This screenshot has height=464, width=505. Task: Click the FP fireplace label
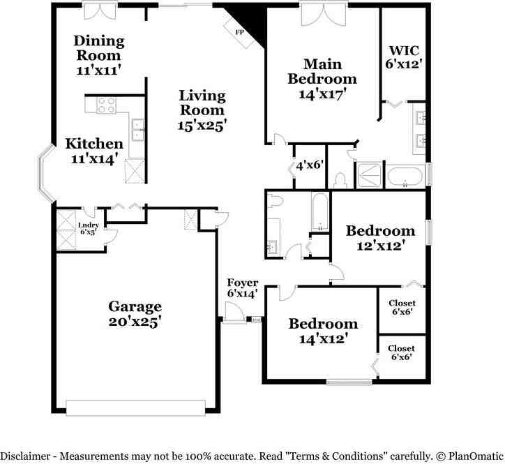pyautogui.click(x=239, y=32)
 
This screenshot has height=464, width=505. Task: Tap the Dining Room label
pyautogui.click(x=99, y=48)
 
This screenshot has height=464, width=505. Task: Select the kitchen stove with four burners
pyautogui.click(x=106, y=105)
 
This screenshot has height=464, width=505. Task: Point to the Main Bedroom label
pyautogui.click(x=322, y=70)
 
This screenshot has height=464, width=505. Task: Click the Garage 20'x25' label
pyautogui.click(x=135, y=314)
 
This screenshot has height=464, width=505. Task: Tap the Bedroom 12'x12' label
pyautogui.click(x=380, y=238)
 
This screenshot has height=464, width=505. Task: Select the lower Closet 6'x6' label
pyautogui.click(x=401, y=352)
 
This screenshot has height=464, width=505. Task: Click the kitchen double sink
pyautogui.click(x=137, y=130)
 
